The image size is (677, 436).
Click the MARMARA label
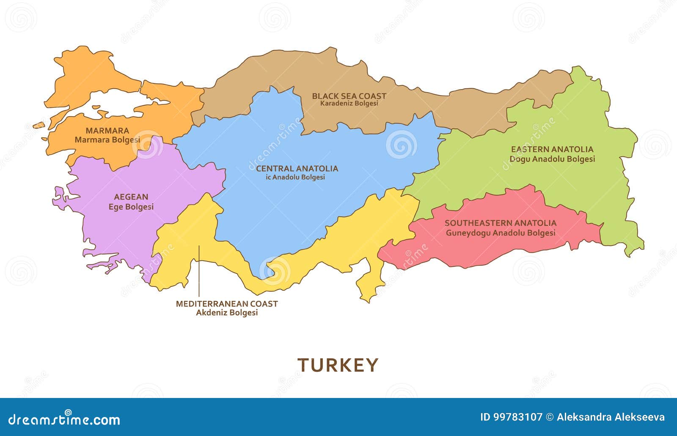[x=107, y=131]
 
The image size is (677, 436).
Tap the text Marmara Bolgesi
[x=107, y=140]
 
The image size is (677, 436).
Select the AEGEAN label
[x=131, y=197]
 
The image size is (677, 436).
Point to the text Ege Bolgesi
[x=131, y=207]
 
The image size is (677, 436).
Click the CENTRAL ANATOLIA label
[x=297, y=169]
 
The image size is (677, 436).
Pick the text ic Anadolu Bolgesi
[x=295, y=177]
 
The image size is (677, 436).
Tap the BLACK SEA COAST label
[x=349, y=96]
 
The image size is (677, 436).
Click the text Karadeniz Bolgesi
[x=349, y=104]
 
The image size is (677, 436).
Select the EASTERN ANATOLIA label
[x=552, y=149]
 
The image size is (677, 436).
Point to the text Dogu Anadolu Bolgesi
[x=552, y=159]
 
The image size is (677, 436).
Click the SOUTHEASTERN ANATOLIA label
[x=501, y=223]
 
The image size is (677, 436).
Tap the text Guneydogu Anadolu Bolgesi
[x=501, y=233]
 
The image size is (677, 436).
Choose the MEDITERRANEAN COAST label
[x=227, y=304]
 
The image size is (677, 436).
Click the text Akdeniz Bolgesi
[x=227, y=313]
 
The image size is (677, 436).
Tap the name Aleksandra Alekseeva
[x=611, y=417]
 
